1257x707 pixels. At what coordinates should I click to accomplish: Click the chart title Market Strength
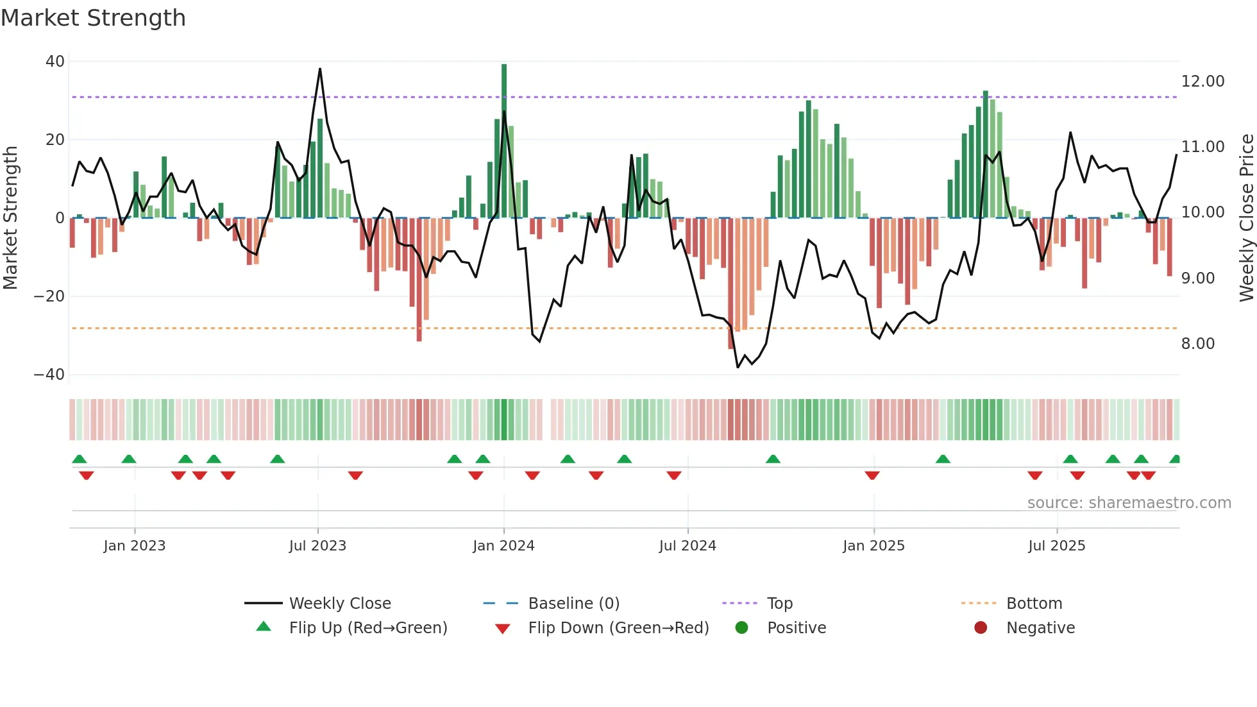point(93,18)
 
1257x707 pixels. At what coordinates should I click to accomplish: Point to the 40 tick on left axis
point(55,62)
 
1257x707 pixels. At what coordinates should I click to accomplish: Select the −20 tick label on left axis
point(49,296)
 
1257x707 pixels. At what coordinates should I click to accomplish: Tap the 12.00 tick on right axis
point(1202,81)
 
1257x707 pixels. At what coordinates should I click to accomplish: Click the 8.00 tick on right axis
point(1198,344)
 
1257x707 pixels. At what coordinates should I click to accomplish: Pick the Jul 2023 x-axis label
point(317,546)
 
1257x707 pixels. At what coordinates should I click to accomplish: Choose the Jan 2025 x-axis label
point(873,546)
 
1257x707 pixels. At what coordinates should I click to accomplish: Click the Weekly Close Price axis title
point(1246,217)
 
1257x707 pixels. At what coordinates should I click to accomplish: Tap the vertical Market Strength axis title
point(10,217)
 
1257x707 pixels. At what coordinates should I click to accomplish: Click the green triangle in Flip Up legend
point(264,627)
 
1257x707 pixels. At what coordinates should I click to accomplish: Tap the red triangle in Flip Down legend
point(503,629)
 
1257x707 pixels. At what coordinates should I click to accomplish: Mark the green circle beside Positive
point(742,627)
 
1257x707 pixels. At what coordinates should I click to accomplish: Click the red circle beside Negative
point(981,627)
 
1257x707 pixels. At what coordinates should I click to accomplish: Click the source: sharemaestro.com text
point(1129,503)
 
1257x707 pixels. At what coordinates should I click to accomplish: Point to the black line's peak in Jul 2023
point(320,69)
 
